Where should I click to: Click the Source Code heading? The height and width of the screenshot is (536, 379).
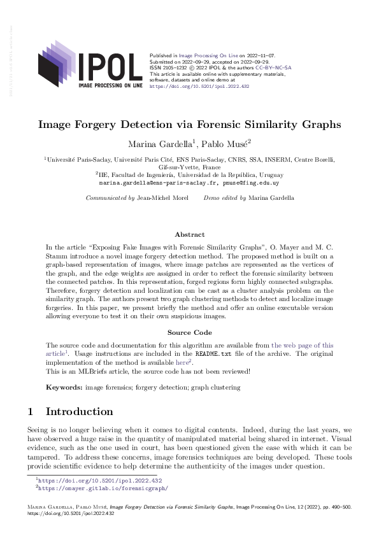tap(189, 332)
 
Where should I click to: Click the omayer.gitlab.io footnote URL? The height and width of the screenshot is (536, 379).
tap(103, 488)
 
